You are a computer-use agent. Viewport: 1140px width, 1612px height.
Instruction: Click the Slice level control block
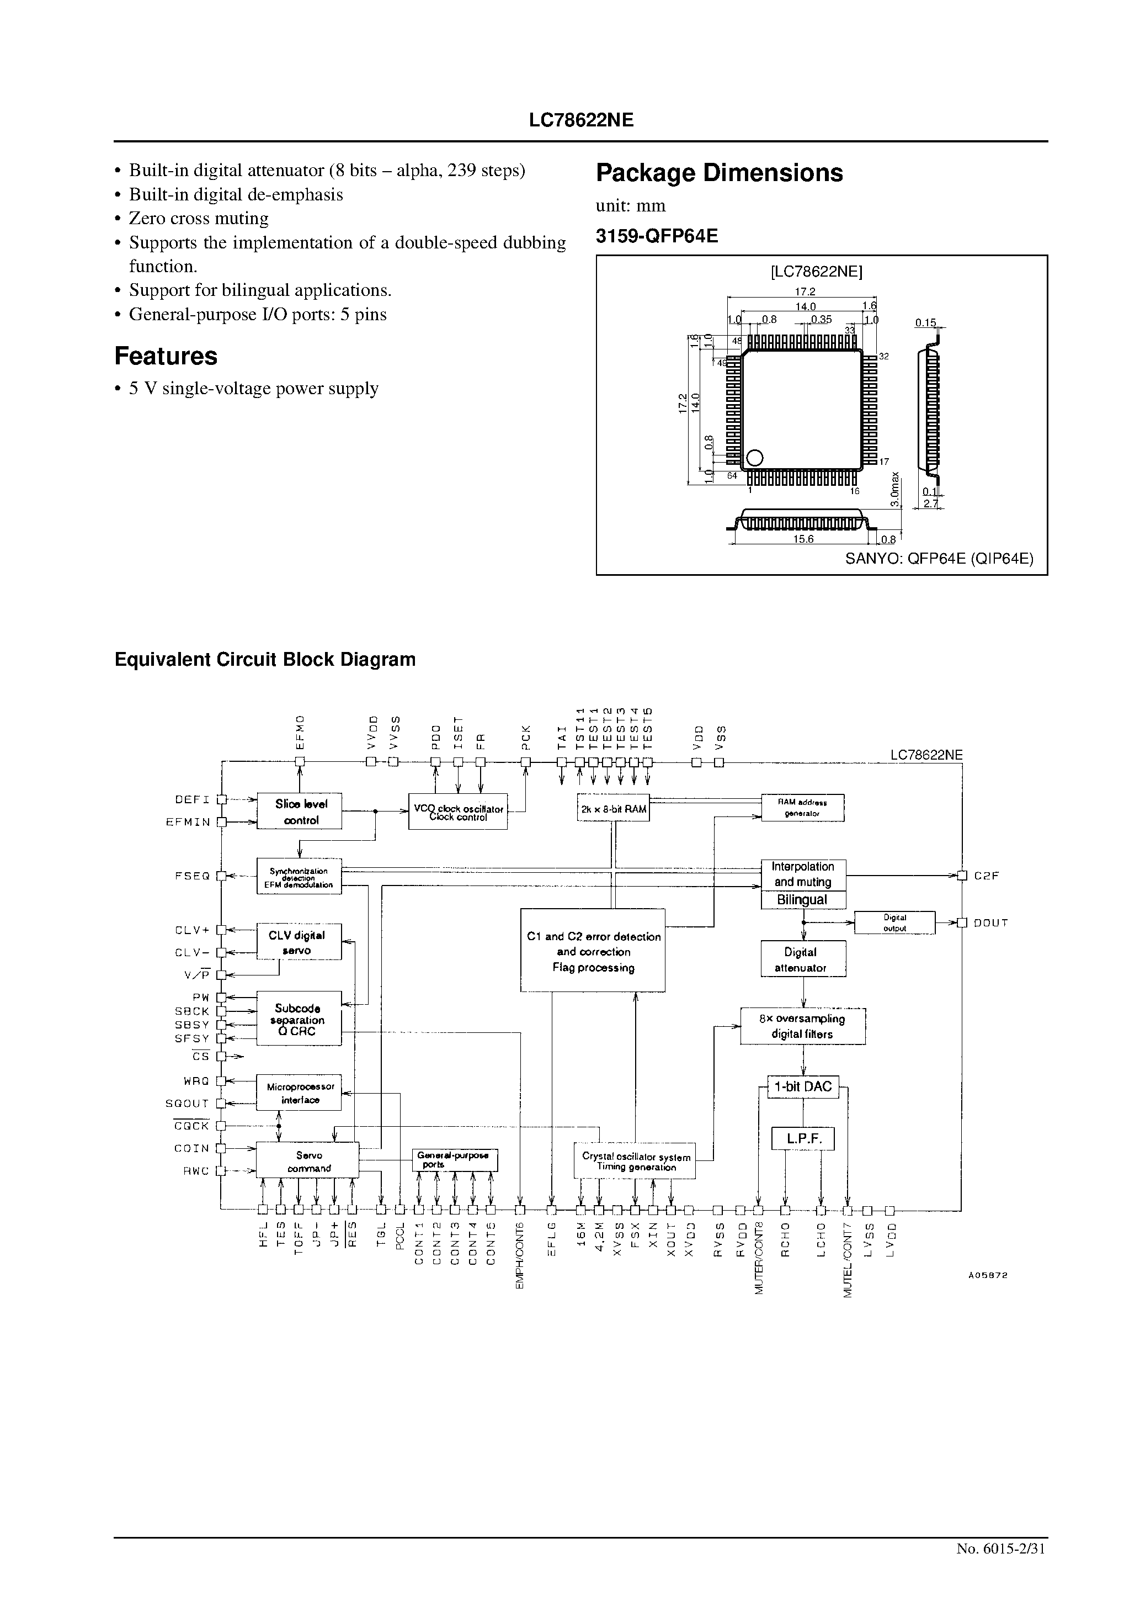click(x=300, y=811)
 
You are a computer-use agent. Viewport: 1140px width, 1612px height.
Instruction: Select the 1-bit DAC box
click(x=802, y=1087)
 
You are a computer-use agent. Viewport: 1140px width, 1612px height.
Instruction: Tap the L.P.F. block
click(x=803, y=1138)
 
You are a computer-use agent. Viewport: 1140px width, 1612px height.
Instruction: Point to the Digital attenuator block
click(x=803, y=959)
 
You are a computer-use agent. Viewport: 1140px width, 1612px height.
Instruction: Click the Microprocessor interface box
click(x=299, y=1093)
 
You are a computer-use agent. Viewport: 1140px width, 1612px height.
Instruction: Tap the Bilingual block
click(x=803, y=899)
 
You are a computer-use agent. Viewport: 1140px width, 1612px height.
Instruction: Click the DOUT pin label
click(x=990, y=922)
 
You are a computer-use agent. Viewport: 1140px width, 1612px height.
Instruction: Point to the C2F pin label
click(x=986, y=876)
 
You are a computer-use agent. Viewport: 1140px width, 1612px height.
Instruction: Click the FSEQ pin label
click(x=193, y=876)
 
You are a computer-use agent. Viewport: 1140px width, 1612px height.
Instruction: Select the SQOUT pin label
click(x=188, y=1103)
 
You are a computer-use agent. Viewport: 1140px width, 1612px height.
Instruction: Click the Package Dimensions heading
click(x=720, y=173)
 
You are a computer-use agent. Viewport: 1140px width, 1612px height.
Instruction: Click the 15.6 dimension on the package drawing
click(x=803, y=539)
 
